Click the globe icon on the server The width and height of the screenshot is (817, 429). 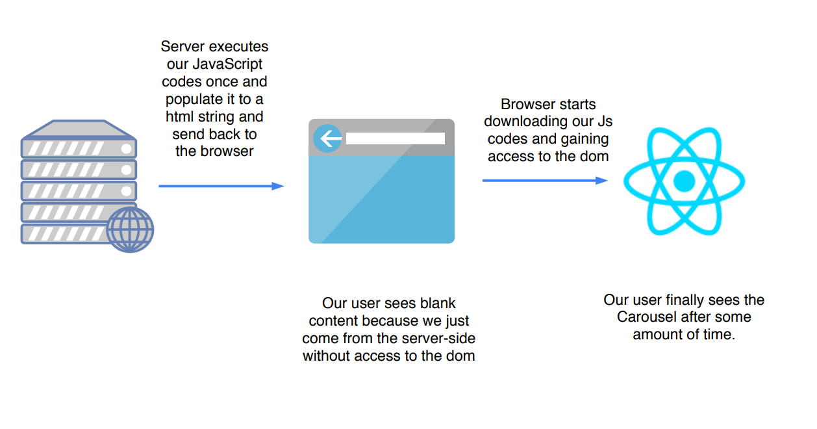tap(130, 230)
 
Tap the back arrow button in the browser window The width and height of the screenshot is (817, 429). tap(328, 138)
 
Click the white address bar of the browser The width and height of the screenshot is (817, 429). tap(395, 138)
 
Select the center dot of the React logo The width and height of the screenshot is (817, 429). tap(684, 181)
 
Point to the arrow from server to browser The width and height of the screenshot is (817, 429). tap(221, 186)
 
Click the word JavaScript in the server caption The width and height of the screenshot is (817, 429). tap(227, 64)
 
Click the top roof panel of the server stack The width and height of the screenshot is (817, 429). tap(78, 129)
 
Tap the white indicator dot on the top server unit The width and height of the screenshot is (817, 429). tap(126, 149)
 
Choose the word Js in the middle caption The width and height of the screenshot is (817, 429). tap(603, 122)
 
